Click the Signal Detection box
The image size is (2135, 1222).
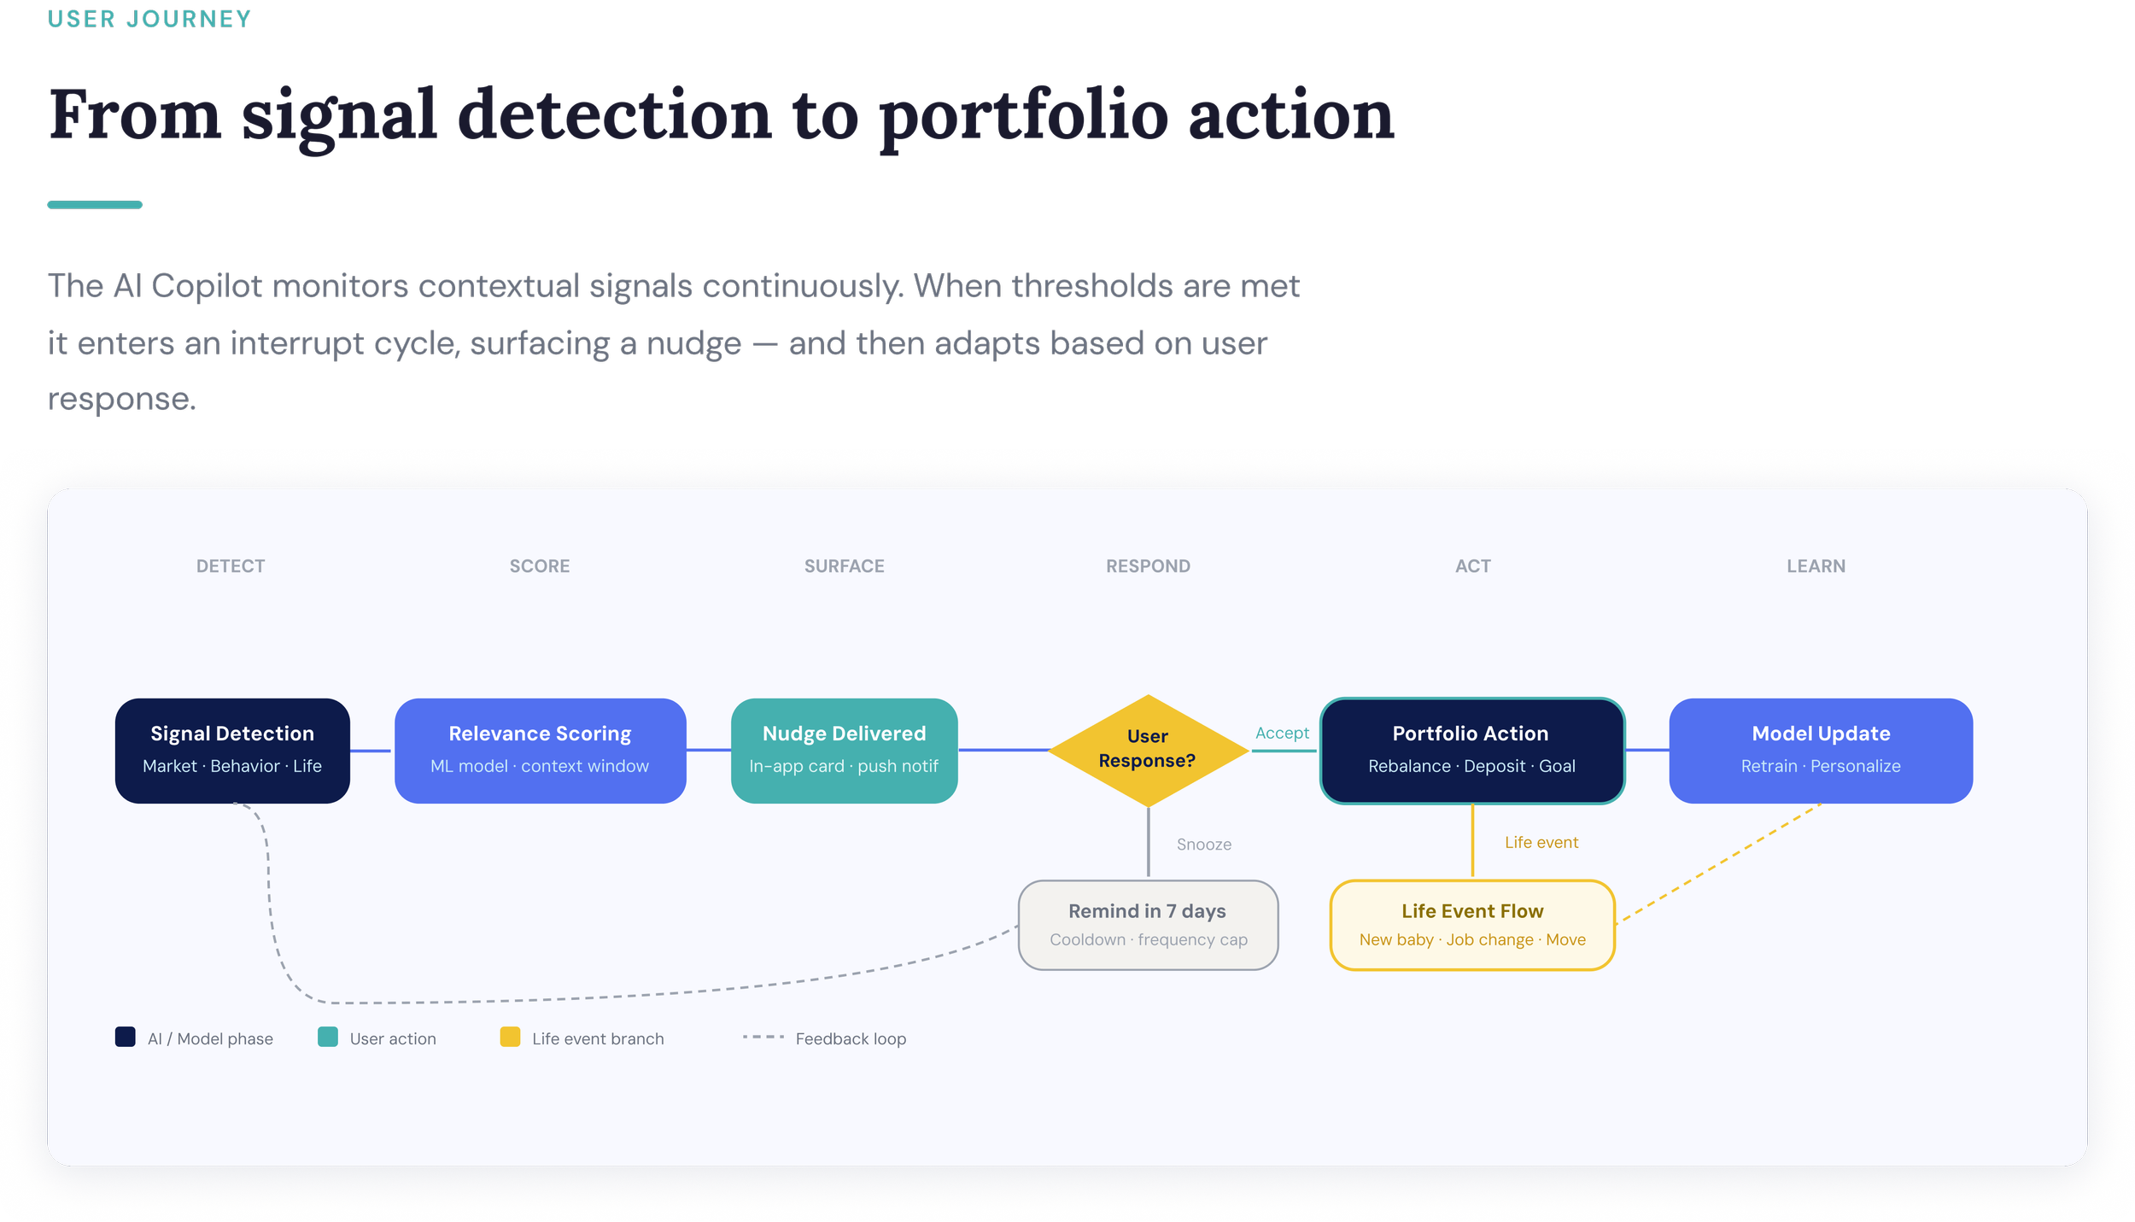point(232,751)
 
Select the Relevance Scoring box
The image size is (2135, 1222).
point(540,751)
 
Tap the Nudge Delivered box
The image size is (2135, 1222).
point(844,751)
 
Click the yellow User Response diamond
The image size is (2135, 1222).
point(1148,749)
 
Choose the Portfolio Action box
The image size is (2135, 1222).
point(1471,751)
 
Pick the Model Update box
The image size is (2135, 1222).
point(1821,751)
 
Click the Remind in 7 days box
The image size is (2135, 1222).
point(1148,925)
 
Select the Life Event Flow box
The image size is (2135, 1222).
point(1472,925)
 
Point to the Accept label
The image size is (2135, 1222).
point(1282,733)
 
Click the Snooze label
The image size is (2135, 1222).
point(1204,845)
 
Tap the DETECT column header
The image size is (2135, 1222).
point(231,566)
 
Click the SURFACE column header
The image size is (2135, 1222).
point(844,566)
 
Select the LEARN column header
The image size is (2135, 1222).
point(1816,566)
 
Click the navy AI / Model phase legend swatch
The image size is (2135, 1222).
point(126,1037)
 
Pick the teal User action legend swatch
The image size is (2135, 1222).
point(328,1037)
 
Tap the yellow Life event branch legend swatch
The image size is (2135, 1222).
point(510,1037)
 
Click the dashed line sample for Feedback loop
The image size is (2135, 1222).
point(763,1037)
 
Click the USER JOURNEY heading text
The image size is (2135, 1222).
point(149,19)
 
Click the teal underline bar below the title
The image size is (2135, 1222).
point(95,205)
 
